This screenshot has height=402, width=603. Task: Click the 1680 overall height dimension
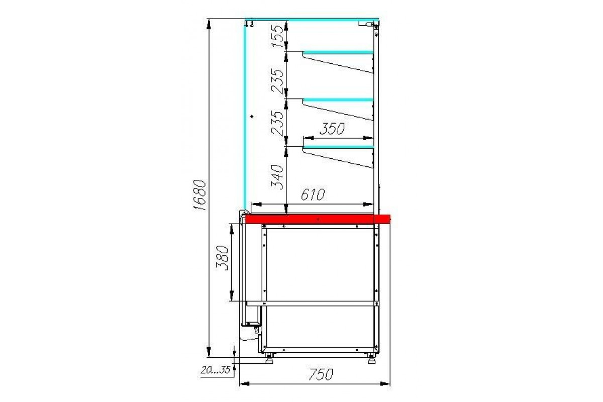coord(200,195)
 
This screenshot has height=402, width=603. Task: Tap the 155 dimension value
coord(277,36)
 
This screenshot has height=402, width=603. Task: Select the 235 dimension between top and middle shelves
coord(277,81)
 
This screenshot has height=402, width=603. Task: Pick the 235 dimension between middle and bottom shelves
coord(277,123)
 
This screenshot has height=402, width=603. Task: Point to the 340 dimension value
coord(277,177)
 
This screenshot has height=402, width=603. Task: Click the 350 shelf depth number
coord(332,129)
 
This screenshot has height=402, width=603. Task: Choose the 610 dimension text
coord(313,194)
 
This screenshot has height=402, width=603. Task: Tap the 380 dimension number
coord(223,258)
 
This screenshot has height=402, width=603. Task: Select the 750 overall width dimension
coord(321,374)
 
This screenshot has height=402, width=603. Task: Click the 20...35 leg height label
coord(216,370)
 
